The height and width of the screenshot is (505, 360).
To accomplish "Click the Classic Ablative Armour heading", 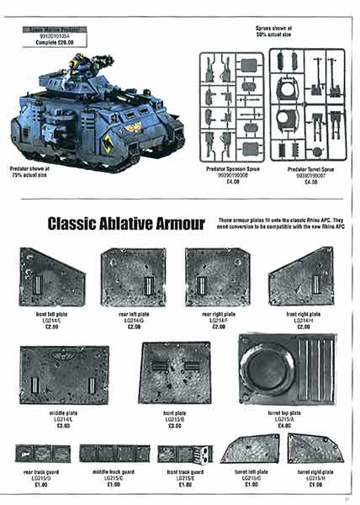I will pyautogui.click(x=126, y=223).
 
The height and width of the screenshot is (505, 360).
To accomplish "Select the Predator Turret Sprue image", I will pyautogui.click(x=300, y=105).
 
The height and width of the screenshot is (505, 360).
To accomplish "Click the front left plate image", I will pyautogui.click(x=52, y=277).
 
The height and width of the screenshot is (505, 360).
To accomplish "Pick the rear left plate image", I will pyautogui.click(x=134, y=277).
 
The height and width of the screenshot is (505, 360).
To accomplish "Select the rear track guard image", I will pyautogui.click(x=42, y=454).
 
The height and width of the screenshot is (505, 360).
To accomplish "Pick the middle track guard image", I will pyautogui.click(x=114, y=454).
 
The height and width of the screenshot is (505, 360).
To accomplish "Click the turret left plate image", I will pyautogui.click(x=250, y=449).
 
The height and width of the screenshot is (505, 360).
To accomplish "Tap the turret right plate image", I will pyautogui.click(x=315, y=449).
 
